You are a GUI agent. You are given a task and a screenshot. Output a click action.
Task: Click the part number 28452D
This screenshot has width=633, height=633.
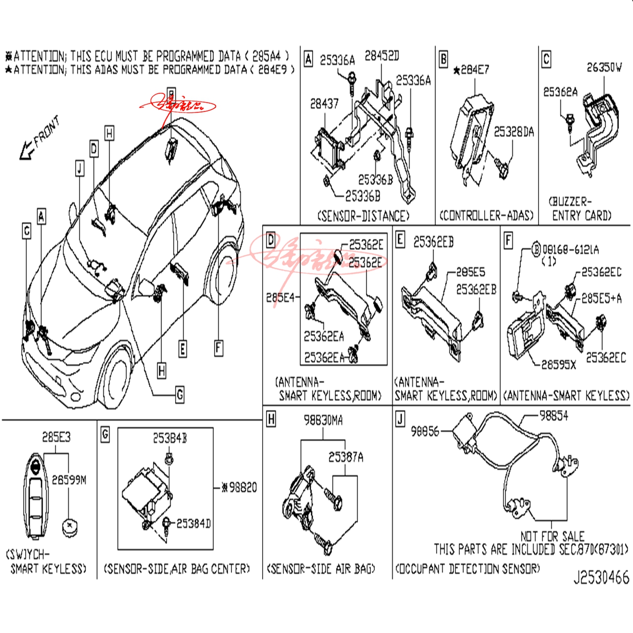click(x=381, y=55)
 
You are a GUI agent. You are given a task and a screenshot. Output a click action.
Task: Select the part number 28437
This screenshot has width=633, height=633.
click(x=324, y=104)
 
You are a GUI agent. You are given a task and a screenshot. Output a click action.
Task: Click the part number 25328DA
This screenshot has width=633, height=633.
click(x=514, y=132)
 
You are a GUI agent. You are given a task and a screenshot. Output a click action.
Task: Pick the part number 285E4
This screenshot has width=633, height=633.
click(x=280, y=298)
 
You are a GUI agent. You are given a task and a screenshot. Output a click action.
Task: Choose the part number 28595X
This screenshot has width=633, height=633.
click(x=559, y=365)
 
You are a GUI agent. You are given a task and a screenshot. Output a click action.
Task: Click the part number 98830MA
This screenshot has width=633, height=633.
click(x=323, y=420)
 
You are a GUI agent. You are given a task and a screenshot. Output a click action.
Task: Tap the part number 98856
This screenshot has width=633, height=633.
click(x=425, y=432)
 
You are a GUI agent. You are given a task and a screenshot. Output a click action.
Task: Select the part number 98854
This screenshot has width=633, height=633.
click(x=553, y=416)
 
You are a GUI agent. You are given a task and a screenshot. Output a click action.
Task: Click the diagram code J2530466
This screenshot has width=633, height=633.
click(x=601, y=578)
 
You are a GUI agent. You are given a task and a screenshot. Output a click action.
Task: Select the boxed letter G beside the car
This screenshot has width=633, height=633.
click(x=180, y=395)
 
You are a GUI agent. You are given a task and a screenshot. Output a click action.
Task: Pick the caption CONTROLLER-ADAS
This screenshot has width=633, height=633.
click(x=487, y=216)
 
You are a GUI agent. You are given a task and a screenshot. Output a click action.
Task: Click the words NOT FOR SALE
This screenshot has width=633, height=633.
click(x=552, y=536)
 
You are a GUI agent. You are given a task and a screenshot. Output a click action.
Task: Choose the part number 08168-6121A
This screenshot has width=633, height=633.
click(x=570, y=250)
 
